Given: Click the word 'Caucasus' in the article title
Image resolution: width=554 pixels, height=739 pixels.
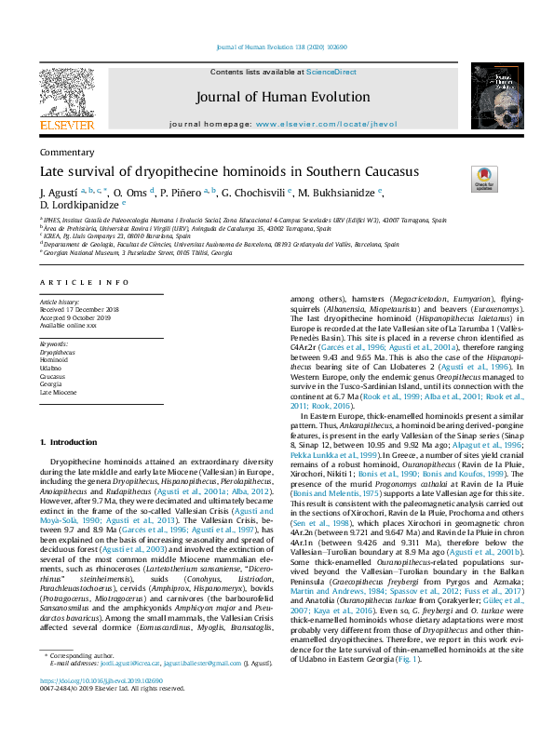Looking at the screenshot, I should click(364, 171).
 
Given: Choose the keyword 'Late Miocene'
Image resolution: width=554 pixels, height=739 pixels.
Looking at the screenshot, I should click(58, 394).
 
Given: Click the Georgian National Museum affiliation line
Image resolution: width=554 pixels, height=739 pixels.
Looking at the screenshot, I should click(138, 253).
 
